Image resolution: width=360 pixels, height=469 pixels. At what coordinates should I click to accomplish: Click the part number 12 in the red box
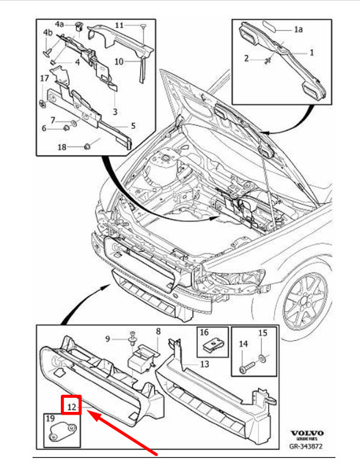click(x=70, y=404)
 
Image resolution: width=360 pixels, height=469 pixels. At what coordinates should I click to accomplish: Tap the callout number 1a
click(x=298, y=30)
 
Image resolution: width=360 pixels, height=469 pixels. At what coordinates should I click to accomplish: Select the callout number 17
click(x=44, y=78)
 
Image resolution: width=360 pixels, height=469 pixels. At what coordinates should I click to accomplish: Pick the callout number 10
click(x=119, y=62)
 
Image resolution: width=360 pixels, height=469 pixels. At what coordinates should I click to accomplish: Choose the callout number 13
click(x=204, y=363)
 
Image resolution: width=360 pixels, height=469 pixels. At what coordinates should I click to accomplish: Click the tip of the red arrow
click(x=89, y=413)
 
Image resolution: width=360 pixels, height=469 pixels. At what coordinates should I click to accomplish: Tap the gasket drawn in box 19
click(x=58, y=437)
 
